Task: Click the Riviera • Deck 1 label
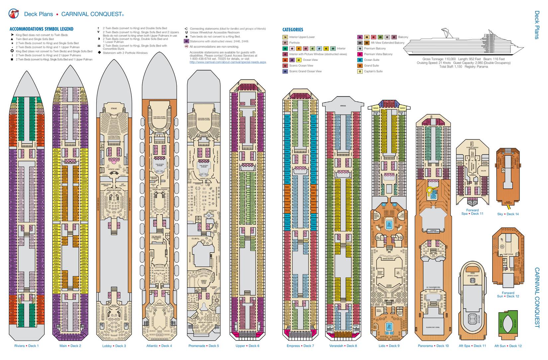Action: click(27, 346)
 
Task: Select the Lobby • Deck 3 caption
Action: click(114, 346)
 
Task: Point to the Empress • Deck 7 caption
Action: click(300, 346)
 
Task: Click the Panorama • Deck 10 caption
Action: click(433, 346)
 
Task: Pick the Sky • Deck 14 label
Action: click(508, 214)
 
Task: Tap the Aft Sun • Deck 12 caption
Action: click(508, 346)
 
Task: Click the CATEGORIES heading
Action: click(293, 30)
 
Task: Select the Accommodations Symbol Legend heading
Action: click(42, 29)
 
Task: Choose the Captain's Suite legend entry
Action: click(373, 71)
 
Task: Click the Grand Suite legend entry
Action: click(371, 65)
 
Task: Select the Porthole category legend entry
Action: click(294, 43)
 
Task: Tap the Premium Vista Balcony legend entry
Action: click(378, 54)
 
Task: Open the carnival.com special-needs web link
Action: click(228, 62)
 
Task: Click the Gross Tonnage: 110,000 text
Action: click(439, 59)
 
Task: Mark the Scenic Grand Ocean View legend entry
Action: click(305, 71)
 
